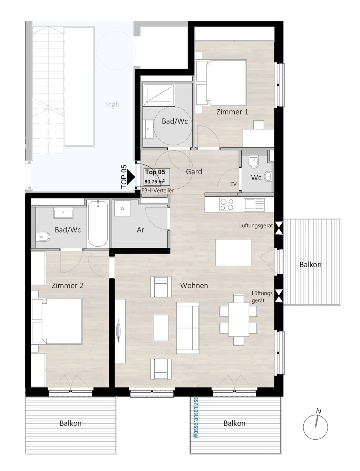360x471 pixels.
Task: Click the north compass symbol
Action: [x=315, y=427]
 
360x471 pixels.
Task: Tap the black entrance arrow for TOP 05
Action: [x=131, y=177]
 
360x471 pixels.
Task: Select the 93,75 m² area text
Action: [x=155, y=181]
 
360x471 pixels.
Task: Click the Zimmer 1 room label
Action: [x=232, y=112]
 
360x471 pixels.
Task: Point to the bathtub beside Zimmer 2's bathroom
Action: [x=98, y=224]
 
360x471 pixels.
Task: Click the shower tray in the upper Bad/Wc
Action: [x=159, y=95]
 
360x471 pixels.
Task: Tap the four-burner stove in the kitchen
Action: [x=226, y=205]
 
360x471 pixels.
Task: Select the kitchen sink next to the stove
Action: [x=254, y=205]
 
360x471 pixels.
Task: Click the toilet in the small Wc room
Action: [x=253, y=163]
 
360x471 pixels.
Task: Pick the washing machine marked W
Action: [x=123, y=208]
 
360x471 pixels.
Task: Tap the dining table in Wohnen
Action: [x=239, y=320]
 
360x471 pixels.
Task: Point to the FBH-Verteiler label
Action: [x=157, y=190]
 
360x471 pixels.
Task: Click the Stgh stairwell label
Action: [x=112, y=105]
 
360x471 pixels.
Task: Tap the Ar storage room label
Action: [x=140, y=230]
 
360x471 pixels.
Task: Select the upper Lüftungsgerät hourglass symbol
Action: [x=279, y=228]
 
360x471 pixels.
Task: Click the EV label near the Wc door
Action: [x=233, y=184]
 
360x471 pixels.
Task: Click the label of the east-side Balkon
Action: [x=310, y=265]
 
